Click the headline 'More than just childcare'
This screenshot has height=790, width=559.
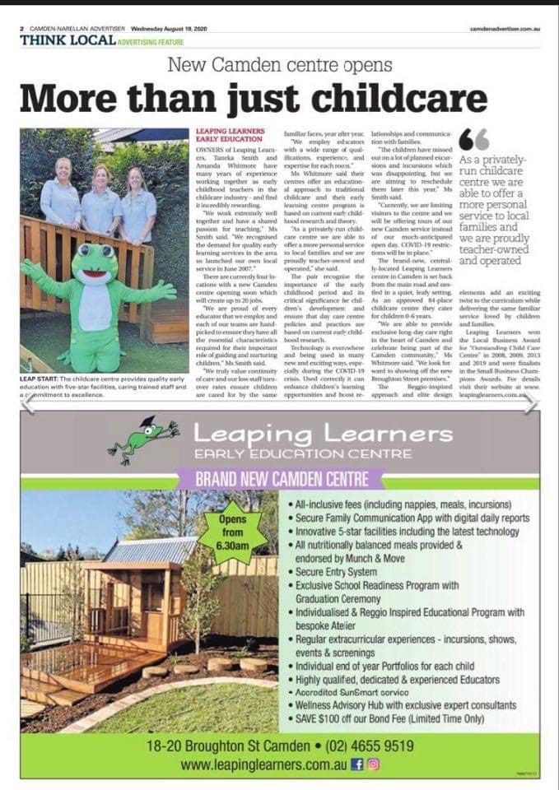[x=254, y=100]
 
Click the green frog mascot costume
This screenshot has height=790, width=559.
[x=98, y=304]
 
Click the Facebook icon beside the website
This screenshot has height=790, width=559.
[x=357, y=764]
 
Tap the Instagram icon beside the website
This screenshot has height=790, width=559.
[x=374, y=764]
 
